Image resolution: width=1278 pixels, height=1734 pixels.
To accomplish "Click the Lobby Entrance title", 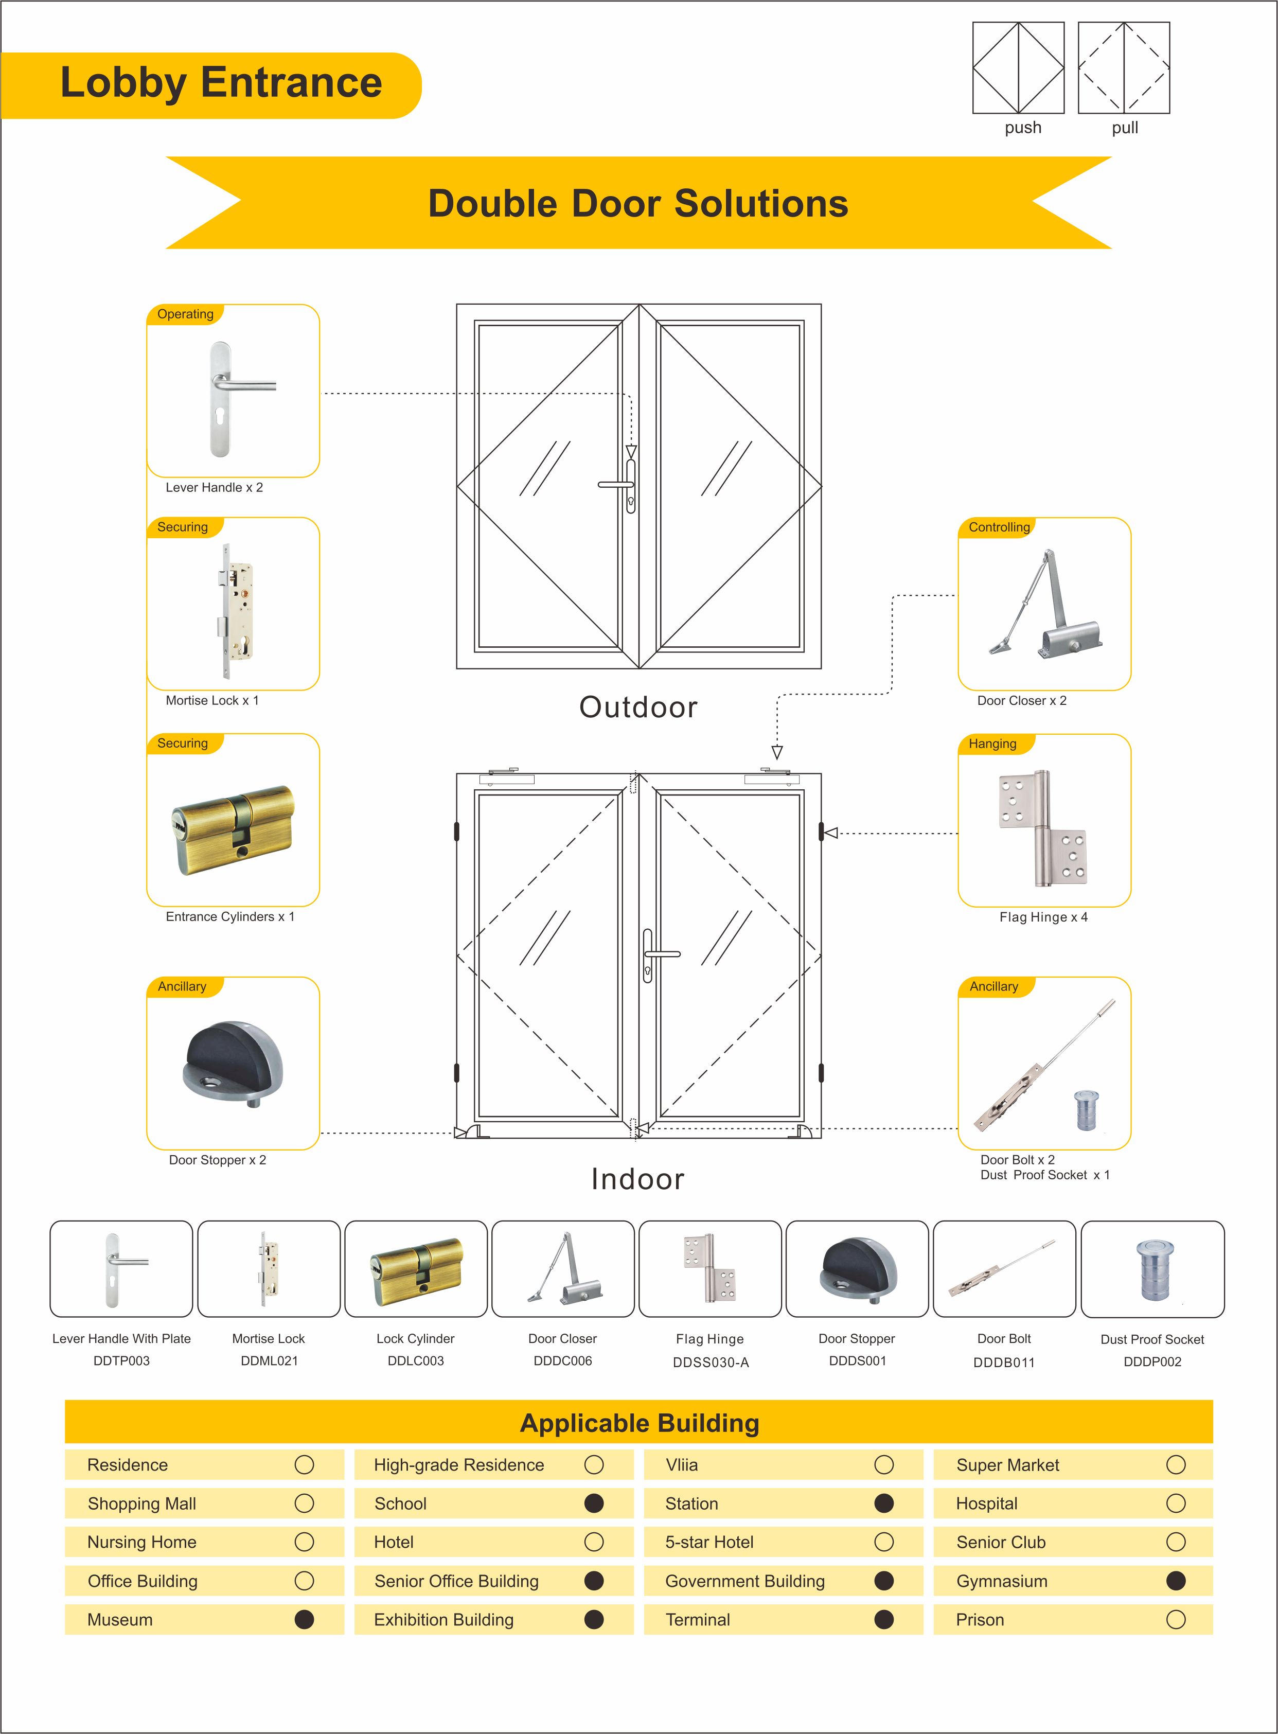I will [221, 83].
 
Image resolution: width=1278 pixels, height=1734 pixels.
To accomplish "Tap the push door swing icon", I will [1018, 68].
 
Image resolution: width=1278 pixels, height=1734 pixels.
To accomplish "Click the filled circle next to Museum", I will [304, 1619].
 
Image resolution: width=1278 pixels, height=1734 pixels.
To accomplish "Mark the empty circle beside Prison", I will [1175, 1619].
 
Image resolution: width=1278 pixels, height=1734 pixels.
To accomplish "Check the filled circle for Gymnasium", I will [1175, 1581].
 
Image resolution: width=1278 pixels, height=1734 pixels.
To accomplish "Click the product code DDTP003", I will [121, 1360].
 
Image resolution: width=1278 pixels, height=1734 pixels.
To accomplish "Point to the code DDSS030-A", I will [710, 1362].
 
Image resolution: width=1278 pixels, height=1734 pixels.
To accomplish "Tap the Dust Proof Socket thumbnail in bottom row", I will [1152, 1269].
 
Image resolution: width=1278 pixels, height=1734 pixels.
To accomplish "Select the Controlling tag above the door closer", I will [999, 527].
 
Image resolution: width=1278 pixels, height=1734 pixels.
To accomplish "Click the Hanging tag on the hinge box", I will [992, 744].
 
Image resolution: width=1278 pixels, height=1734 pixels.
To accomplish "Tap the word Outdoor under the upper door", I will [638, 707].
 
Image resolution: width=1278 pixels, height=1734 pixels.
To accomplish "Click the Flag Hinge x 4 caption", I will [1043, 917].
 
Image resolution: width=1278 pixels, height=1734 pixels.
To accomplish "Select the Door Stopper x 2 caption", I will [218, 1160].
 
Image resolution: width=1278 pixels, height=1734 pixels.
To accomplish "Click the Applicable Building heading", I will [639, 1422].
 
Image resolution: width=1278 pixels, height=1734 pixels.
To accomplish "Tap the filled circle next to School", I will [593, 1503].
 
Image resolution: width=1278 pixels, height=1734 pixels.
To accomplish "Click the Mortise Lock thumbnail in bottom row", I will [269, 1269].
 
